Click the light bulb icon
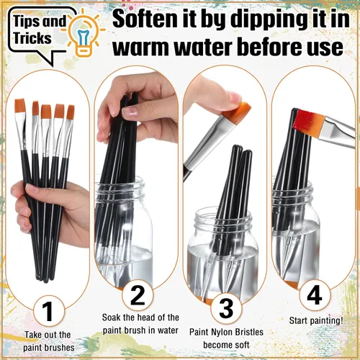pyautogui.click(x=84, y=34)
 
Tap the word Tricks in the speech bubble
pyautogui.click(x=32, y=38)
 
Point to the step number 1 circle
pyautogui.click(x=49, y=311)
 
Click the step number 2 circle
pyautogui.click(x=138, y=295)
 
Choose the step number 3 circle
pyautogui.click(x=226, y=309)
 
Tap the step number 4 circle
pyautogui.click(x=315, y=295)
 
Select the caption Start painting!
pyautogui.click(x=316, y=320)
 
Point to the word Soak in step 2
pyautogui.click(x=112, y=318)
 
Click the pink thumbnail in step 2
pyautogui.click(x=130, y=112)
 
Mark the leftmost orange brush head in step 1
pyautogui.click(x=20, y=106)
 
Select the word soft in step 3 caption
pyautogui.click(x=240, y=345)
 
